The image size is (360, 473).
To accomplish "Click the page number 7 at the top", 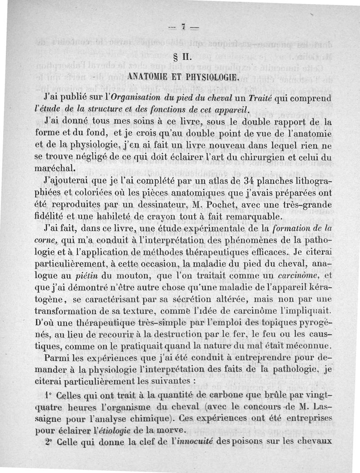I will click(x=183, y=27).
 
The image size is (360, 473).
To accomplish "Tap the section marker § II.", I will click(x=184, y=59).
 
